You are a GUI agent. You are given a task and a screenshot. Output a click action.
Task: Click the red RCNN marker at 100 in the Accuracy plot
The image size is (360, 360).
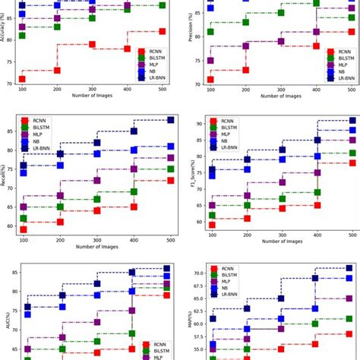22,79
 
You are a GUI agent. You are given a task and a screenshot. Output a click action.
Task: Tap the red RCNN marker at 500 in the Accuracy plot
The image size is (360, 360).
163,31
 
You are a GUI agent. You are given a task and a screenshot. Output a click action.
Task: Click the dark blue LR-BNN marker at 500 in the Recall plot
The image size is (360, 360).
170,120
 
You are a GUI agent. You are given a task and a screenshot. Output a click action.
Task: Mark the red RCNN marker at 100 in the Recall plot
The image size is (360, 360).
24,229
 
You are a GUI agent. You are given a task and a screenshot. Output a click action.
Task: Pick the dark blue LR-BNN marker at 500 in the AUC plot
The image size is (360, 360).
167,269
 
